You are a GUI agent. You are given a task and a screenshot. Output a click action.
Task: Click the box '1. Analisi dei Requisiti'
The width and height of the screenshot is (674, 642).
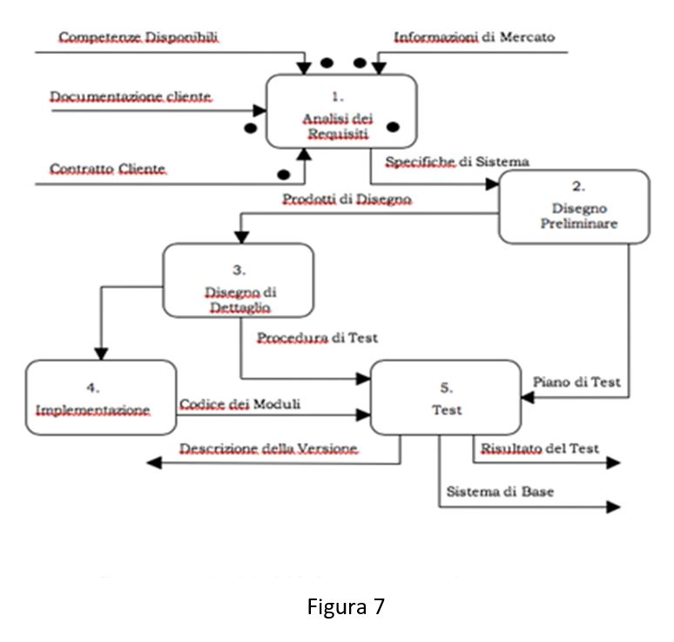[x=340, y=110]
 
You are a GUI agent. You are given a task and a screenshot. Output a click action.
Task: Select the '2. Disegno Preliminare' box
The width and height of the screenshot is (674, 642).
[x=573, y=206]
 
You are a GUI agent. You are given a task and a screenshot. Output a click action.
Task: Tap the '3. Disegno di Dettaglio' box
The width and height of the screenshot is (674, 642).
[x=238, y=279]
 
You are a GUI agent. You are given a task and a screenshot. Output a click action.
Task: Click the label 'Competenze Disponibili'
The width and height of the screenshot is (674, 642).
[x=138, y=37]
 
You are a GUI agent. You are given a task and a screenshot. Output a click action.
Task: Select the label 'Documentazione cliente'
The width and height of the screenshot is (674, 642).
[x=131, y=96]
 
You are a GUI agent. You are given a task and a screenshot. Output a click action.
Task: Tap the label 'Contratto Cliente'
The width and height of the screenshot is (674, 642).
[x=107, y=168]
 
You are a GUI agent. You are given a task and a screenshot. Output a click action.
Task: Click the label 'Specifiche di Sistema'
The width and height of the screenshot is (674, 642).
[x=457, y=162]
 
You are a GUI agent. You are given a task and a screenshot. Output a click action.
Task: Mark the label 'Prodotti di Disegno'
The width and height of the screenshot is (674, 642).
[x=347, y=199]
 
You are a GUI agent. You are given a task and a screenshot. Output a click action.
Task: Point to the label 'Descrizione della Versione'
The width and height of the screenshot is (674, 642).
[x=269, y=448]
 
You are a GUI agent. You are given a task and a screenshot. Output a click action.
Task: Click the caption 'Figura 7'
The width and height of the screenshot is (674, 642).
[x=346, y=606]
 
